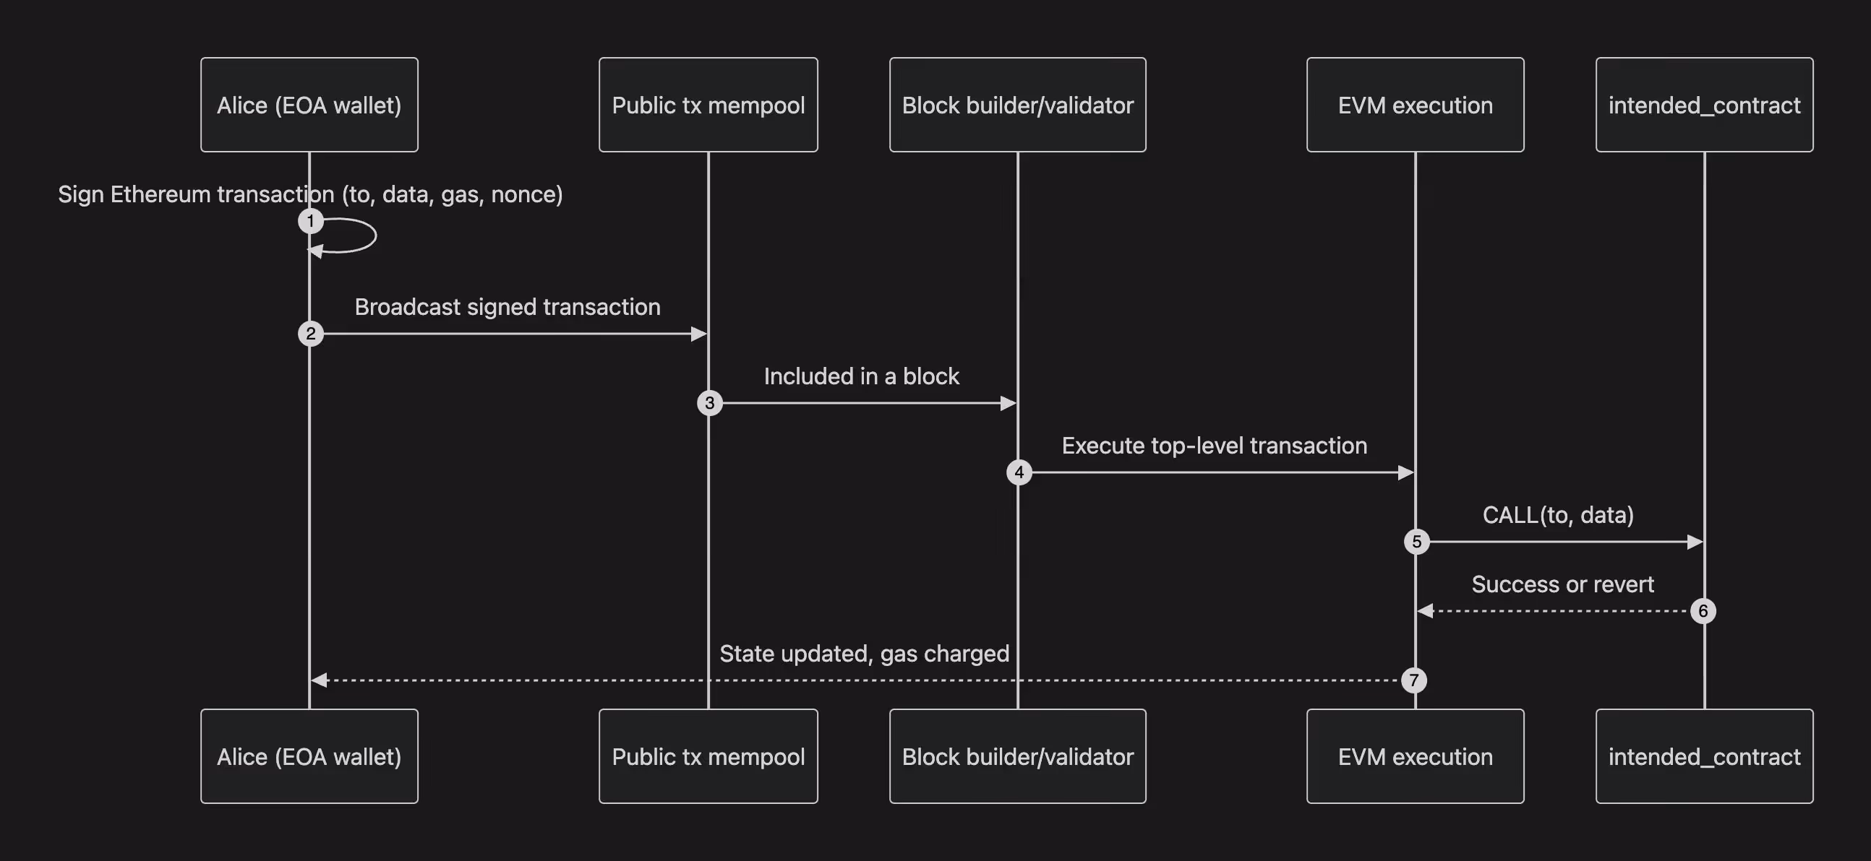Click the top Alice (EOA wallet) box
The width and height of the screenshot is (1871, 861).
309,105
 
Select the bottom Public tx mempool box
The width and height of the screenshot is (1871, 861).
708,756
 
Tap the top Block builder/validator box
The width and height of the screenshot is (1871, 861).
1018,105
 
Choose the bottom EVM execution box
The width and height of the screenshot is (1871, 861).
1415,756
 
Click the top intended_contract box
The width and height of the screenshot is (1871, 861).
1704,105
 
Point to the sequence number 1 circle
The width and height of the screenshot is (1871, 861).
311,221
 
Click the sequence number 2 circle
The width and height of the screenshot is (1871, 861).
311,334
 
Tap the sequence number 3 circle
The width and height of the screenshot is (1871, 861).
710,403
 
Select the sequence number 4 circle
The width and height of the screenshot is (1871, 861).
1019,472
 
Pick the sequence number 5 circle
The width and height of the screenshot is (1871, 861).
1416,542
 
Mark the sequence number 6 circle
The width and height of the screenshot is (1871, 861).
1703,611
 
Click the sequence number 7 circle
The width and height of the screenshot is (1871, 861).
1413,680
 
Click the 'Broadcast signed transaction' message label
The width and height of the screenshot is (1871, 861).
508,307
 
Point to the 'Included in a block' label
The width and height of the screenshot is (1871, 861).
862,376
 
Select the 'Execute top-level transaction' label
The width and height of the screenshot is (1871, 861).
1215,446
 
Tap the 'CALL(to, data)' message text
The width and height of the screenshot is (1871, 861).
1558,516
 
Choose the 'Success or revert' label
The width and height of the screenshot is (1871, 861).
1563,584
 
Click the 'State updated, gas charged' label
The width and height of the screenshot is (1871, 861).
865,654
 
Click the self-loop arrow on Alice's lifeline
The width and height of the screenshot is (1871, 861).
375,235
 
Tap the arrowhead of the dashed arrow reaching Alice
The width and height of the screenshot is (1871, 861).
319,680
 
